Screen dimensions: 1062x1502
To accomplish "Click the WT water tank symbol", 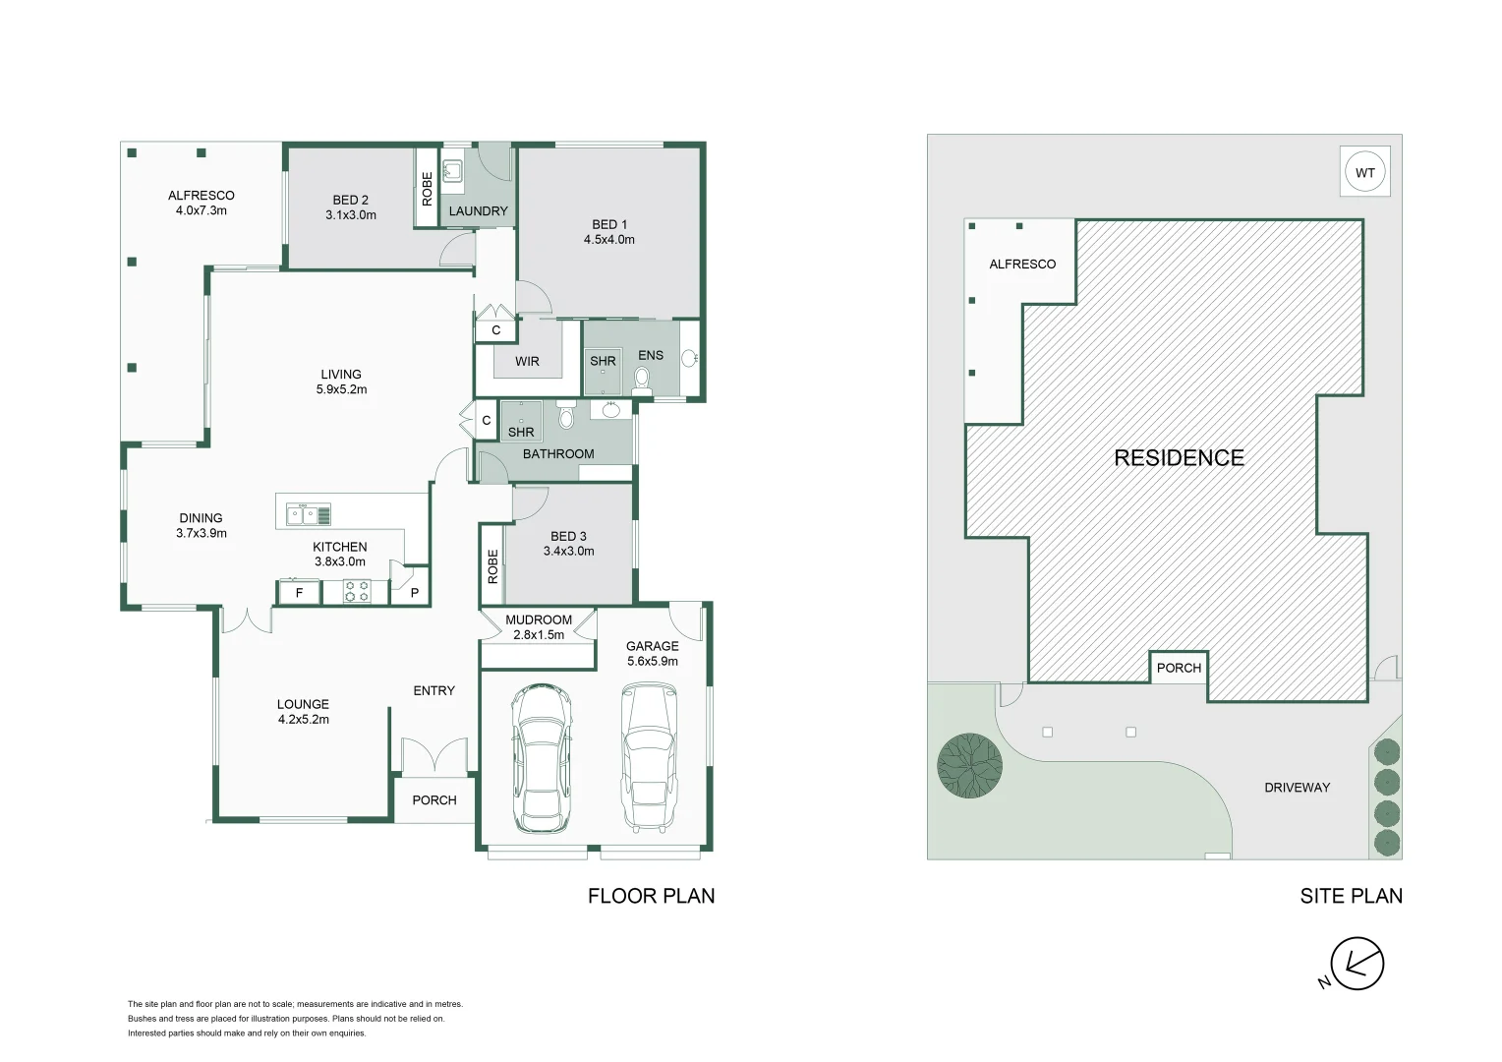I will (1364, 173).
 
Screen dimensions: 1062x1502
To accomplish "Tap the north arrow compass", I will (1357, 965).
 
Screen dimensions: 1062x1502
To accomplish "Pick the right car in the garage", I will (650, 758).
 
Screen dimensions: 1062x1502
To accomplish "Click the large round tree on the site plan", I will (969, 765).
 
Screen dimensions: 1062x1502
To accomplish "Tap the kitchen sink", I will (309, 514).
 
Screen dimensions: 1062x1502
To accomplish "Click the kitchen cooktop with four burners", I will (357, 591).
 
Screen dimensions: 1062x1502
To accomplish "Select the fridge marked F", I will (299, 592).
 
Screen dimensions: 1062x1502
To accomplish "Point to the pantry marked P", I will (414, 592).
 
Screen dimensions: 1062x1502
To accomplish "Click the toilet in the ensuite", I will (643, 379).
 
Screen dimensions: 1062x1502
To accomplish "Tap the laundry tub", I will (452, 172).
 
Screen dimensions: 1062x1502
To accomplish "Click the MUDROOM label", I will (538, 619).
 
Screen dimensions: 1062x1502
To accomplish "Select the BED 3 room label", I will (568, 536).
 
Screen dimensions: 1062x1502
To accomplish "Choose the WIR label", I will (527, 361).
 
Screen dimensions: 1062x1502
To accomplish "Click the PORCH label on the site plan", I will (1179, 668).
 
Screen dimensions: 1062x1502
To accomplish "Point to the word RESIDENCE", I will (1179, 457).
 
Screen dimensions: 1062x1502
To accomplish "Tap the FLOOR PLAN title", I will (651, 896).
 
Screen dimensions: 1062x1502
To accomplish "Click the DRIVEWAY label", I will (1297, 788).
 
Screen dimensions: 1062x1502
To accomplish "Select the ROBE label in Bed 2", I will (427, 188).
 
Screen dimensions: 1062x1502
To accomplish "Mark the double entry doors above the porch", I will (434, 754).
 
